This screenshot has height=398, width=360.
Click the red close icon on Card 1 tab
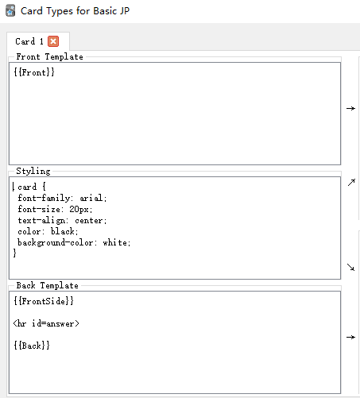pyautogui.click(x=53, y=41)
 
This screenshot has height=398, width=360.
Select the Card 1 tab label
pyautogui.click(x=29, y=41)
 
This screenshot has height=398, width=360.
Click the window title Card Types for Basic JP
pyautogui.click(x=75, y=11)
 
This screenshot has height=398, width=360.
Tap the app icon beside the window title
pyautogui.click(x=10, y=11)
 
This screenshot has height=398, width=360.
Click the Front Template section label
pyautogui.click(x=49, y=56)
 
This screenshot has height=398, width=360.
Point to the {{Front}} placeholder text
pyautogui.click(x=34, y=72)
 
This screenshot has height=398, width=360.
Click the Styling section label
pyautogui.click(x=33, y=172)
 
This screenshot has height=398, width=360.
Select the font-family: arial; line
pyautogui.click(x=62, y=198)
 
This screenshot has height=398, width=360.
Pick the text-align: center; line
pyautogui.click(x=62, y=220)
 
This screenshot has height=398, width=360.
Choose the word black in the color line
pyautogui.click(x=63, y=231)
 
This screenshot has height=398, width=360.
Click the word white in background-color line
pyautogui.click(x=115, y=242)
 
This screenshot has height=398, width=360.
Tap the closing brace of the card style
pyautogui.click(x=15, y=253)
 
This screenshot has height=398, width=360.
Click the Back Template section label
pyautogui.click(x=48, y=285)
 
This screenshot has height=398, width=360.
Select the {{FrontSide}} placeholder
pyautogui.click(x=44, y=301)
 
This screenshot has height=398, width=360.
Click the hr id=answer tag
pyautogui.click(x=46, y=323)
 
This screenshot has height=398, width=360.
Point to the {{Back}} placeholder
pyautogui.click(x=32, y=346)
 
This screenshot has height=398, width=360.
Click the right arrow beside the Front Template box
pyautogui.click(x=350, y=108)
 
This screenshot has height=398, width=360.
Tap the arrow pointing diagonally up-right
pyautogui.click(x=351, y=183)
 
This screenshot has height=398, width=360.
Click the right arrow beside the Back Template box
pyautogui.click(x=350, y=337)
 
